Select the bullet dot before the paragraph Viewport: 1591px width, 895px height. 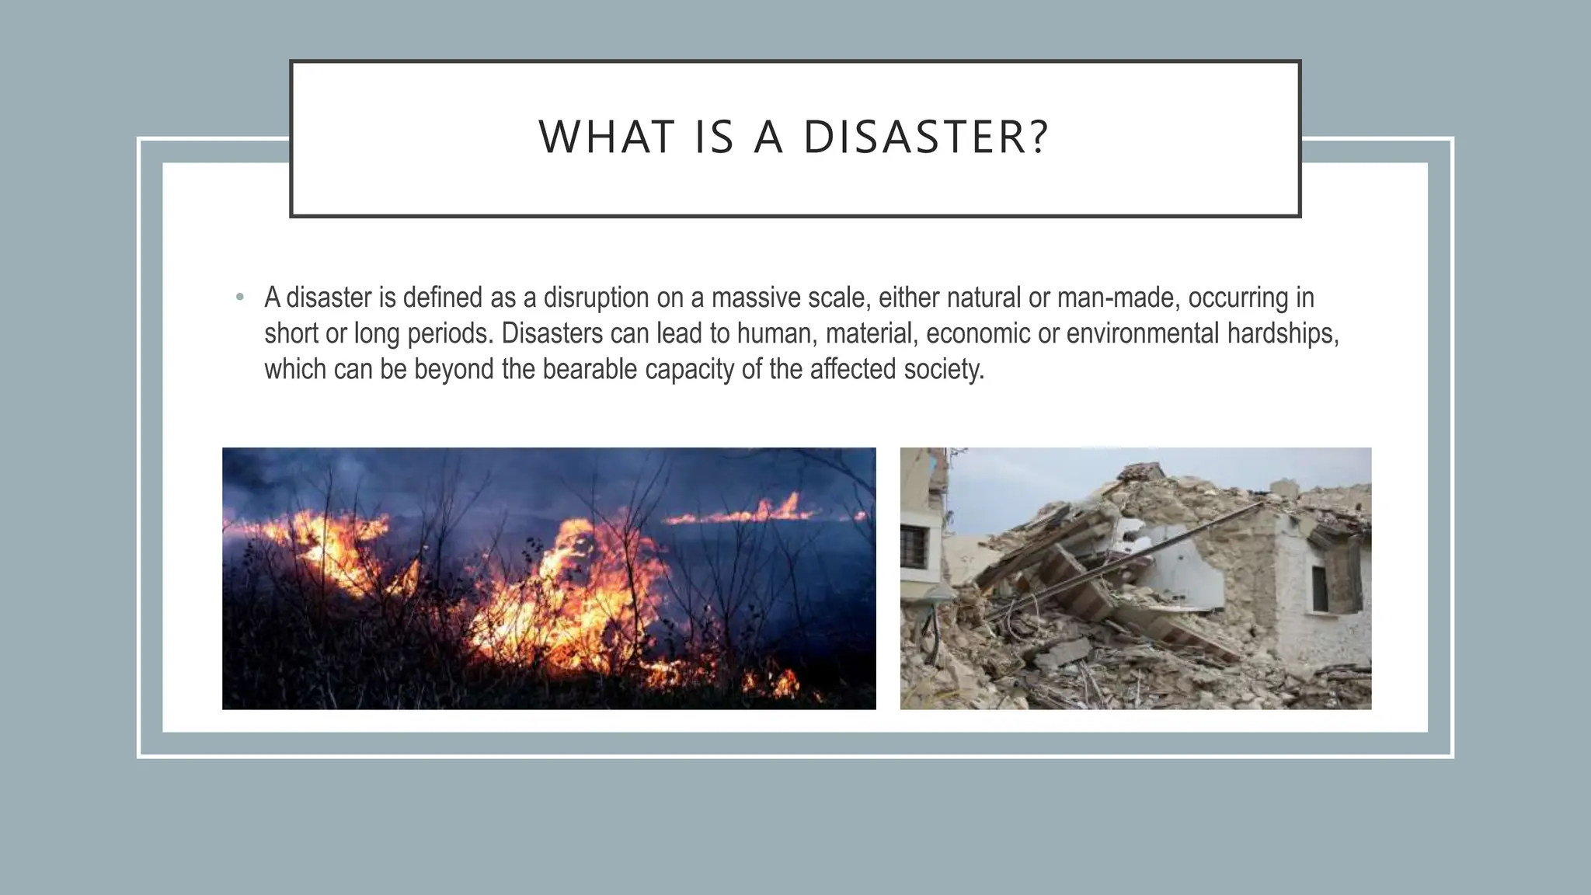click(240, 298)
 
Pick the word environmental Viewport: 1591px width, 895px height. click(1142, 333)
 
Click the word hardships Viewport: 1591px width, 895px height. click(1283, 333)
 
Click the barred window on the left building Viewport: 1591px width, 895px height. click(914, 545)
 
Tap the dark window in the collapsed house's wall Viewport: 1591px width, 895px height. click(1320, 587)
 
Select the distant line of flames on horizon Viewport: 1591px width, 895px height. click(746, 513)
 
